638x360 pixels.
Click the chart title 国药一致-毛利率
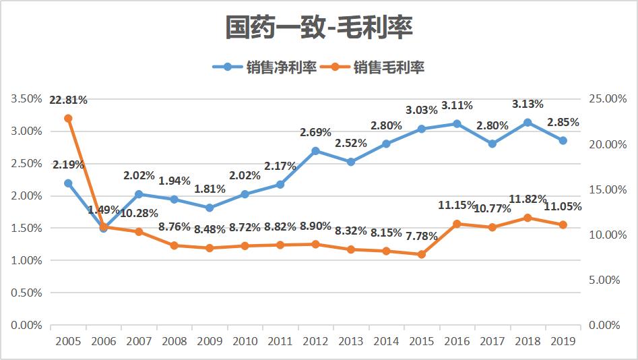pos(319,28)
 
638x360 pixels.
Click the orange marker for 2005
pos(68,118)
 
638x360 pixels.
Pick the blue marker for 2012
pos(315,151)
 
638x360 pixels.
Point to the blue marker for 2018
pos(528,123)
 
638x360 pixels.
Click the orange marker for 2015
pos(422,254)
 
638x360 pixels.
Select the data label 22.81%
pos(68,100)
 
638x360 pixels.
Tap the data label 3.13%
pos(527,104)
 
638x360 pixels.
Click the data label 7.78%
pos(422,236)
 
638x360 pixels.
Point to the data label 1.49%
pos(104,210)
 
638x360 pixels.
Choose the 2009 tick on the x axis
pos(210,341)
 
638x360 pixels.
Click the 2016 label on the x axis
pos(457,341)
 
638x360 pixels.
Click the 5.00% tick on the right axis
pos(605,280)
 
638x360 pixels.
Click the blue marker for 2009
pos(210,208)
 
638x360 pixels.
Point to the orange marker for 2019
pos(563,224)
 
